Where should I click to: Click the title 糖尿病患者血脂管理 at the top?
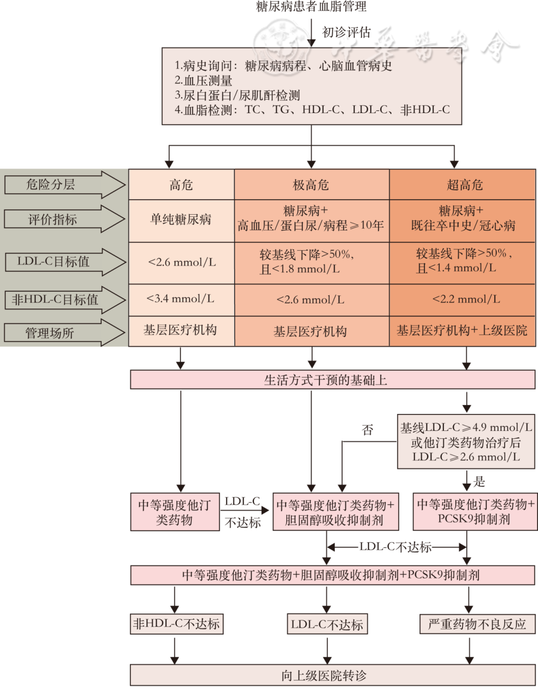[x=311, y=6]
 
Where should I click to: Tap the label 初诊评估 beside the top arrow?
[x=346, y=32]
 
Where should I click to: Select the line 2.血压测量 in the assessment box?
[x=204, y=80]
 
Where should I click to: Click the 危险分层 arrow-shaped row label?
[x=60, y=185]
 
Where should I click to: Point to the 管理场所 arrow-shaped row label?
[x=60, y=333]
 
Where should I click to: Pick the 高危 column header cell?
[x=181, y=185]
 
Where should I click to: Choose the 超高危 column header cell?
[x=464, y=185]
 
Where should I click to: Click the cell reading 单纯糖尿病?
[x=181, y=219]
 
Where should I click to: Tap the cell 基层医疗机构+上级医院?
[x=462, y=330]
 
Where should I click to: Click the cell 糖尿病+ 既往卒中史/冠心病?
[x=463, y=218]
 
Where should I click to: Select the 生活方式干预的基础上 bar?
[x=332, y=380]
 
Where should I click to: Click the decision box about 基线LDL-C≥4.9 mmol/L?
[x=466, y=442]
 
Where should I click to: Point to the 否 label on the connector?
[x=368, y=430]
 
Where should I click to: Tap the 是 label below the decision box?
[x=479, y=481]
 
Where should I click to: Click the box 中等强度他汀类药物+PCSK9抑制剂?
[x=475, y=512]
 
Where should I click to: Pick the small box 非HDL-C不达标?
[x=176, y=624]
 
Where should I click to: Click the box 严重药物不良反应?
[x=477, y=624]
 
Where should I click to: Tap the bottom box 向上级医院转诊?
[x=332, y=676]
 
